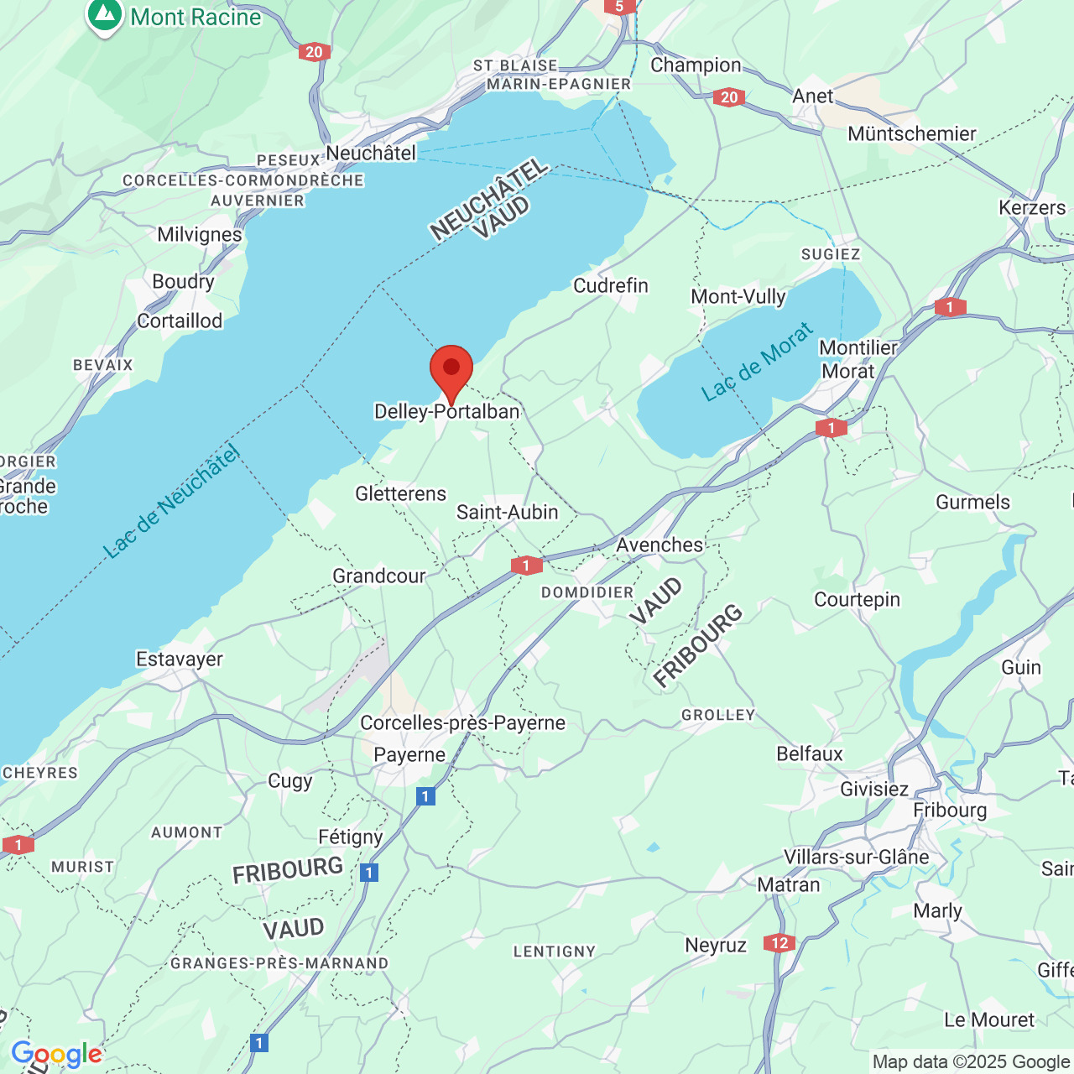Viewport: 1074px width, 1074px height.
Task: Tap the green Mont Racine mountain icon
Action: tap(104, 16)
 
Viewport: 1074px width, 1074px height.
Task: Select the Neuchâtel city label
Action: tap(371, 153)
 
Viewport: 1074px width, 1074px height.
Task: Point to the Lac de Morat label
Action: tap(757, 362)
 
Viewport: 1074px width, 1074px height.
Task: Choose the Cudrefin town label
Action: tap(611, 285)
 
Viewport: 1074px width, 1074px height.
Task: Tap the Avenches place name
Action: tap(660, 545)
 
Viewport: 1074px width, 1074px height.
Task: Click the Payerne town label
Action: tap(409, 754)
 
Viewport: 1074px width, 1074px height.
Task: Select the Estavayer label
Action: tap(180, 659)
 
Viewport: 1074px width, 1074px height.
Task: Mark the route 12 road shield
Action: tap(779, 943)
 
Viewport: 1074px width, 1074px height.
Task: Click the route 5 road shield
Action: tap(619, 7)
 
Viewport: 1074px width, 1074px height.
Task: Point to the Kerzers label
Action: tap(1032, 207)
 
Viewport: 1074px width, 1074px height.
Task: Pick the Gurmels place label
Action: tap(972, 502)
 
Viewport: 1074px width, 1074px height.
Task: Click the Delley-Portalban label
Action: tap(447, 411)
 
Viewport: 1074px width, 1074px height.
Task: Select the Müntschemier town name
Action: tap(912, 133)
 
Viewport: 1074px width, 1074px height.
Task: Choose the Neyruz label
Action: tap(715, 946)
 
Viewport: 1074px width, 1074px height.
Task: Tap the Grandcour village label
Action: tap(379, 576)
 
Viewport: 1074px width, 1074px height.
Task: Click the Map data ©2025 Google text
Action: tap(971, 1061)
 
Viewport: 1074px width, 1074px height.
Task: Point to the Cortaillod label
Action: tap(180, 321)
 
